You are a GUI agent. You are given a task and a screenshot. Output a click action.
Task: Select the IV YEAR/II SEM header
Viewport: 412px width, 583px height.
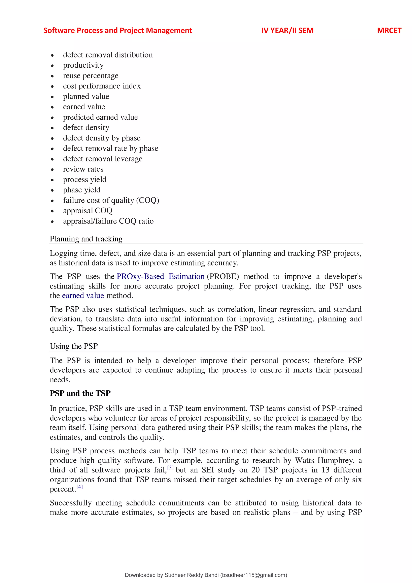coord(287,30)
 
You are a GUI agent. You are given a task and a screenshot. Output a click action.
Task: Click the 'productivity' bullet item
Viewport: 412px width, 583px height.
coord(83,65)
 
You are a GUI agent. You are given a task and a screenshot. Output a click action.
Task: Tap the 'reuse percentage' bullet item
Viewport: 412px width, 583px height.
coord(91,76)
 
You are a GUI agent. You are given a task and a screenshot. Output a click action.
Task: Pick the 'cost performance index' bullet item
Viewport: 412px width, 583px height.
coord(102,86)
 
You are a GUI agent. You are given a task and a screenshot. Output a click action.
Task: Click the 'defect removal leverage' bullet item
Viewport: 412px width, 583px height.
coord(103,159)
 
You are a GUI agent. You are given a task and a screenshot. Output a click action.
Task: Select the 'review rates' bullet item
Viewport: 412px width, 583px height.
coord(83,169)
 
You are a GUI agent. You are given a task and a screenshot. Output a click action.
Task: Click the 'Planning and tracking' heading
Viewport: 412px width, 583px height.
coord(86,239)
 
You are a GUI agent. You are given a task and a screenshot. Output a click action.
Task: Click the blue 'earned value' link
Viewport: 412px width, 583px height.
coord(83,296)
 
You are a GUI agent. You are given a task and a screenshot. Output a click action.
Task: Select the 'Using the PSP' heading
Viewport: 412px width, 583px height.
coord(74,346)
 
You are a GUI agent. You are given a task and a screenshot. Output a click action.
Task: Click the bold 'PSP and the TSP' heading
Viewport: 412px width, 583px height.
coord(80,393)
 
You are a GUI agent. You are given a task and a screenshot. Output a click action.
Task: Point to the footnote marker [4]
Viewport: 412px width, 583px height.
coord(80,487)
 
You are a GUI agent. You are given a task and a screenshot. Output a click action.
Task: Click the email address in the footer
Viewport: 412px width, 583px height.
coord(254,575)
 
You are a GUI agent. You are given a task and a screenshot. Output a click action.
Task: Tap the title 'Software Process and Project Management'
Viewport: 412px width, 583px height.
coord(118,30)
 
